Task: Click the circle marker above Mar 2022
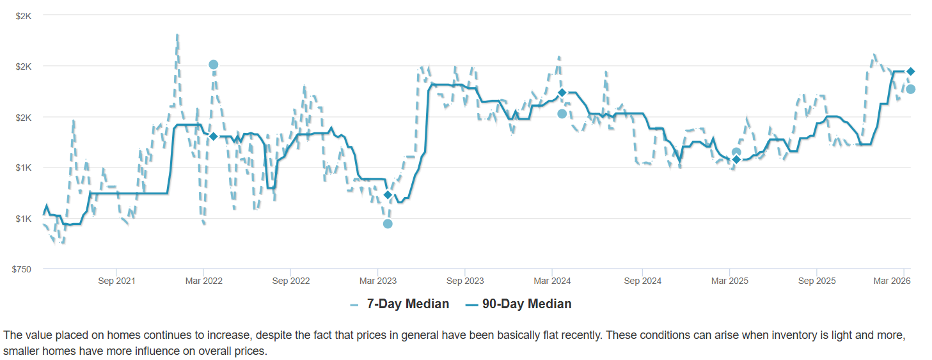214,65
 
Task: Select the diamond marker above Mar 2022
214,136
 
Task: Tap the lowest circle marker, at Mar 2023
388,224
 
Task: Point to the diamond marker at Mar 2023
388,194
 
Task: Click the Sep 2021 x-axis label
116,281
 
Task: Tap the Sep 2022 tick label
291,281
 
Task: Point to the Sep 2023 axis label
465,281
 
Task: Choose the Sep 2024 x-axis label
642,281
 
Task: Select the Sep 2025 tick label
816,281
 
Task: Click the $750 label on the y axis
22,269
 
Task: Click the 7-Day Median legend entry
407,304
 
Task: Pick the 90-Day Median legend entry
526,304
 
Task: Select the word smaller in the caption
21,351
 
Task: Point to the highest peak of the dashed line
177,35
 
